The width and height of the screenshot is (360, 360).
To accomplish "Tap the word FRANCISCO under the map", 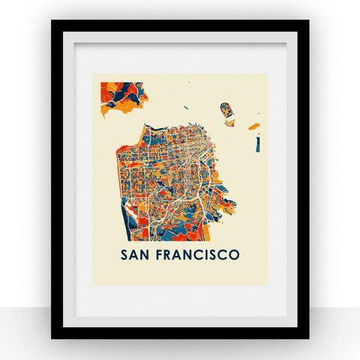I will pyautogui.click(x=199, y=254).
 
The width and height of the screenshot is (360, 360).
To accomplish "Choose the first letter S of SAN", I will pyautogui.click(x=125, y=254).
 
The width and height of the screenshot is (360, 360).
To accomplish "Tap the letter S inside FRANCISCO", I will pyautogui.click(x=212, y=254).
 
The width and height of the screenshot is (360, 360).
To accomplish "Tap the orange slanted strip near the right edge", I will pyautogui.click(x=255, y=119).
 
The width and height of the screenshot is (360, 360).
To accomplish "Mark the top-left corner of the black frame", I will pyautogui.click(x=52, y=21).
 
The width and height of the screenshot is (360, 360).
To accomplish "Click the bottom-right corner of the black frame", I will pyautogui.click(x=307, y=337).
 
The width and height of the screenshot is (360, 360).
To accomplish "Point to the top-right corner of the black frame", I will pyautogui.click(x=307, y=21).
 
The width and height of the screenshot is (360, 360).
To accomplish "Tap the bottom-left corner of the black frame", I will pyautogui.click(x=52, y=337).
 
